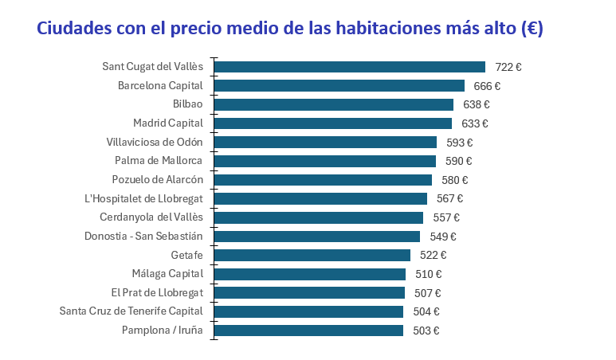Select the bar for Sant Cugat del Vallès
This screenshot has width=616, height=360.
click(349, 67)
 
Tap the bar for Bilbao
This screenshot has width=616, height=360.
click(333, 104)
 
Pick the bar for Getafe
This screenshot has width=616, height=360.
click(312, 255)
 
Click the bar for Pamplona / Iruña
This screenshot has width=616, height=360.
click(308, 330)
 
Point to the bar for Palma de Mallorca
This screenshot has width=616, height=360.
click(324, 161)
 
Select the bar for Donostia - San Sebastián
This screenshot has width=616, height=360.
click(316, 236)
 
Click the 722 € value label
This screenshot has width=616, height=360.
click(508, 67)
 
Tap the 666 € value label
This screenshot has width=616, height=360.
click(487, 86)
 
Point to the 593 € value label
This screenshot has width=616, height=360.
click(459, 143)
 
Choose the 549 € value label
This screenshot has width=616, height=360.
click(442, 237)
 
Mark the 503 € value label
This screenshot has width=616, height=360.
click(426, 331)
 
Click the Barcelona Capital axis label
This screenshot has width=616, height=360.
click(160, 85)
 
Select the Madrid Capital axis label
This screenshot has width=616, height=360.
click(168, 123)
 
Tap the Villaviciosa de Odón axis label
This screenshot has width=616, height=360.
click(155, 142)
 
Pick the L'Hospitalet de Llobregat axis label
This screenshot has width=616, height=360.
click(143, 198)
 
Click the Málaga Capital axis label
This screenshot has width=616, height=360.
click(168, 273)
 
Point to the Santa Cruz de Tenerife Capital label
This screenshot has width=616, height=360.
click(131, 311)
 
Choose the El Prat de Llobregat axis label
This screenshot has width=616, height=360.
click(157, 292)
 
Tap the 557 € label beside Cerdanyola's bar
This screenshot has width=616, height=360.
click(446, 217)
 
